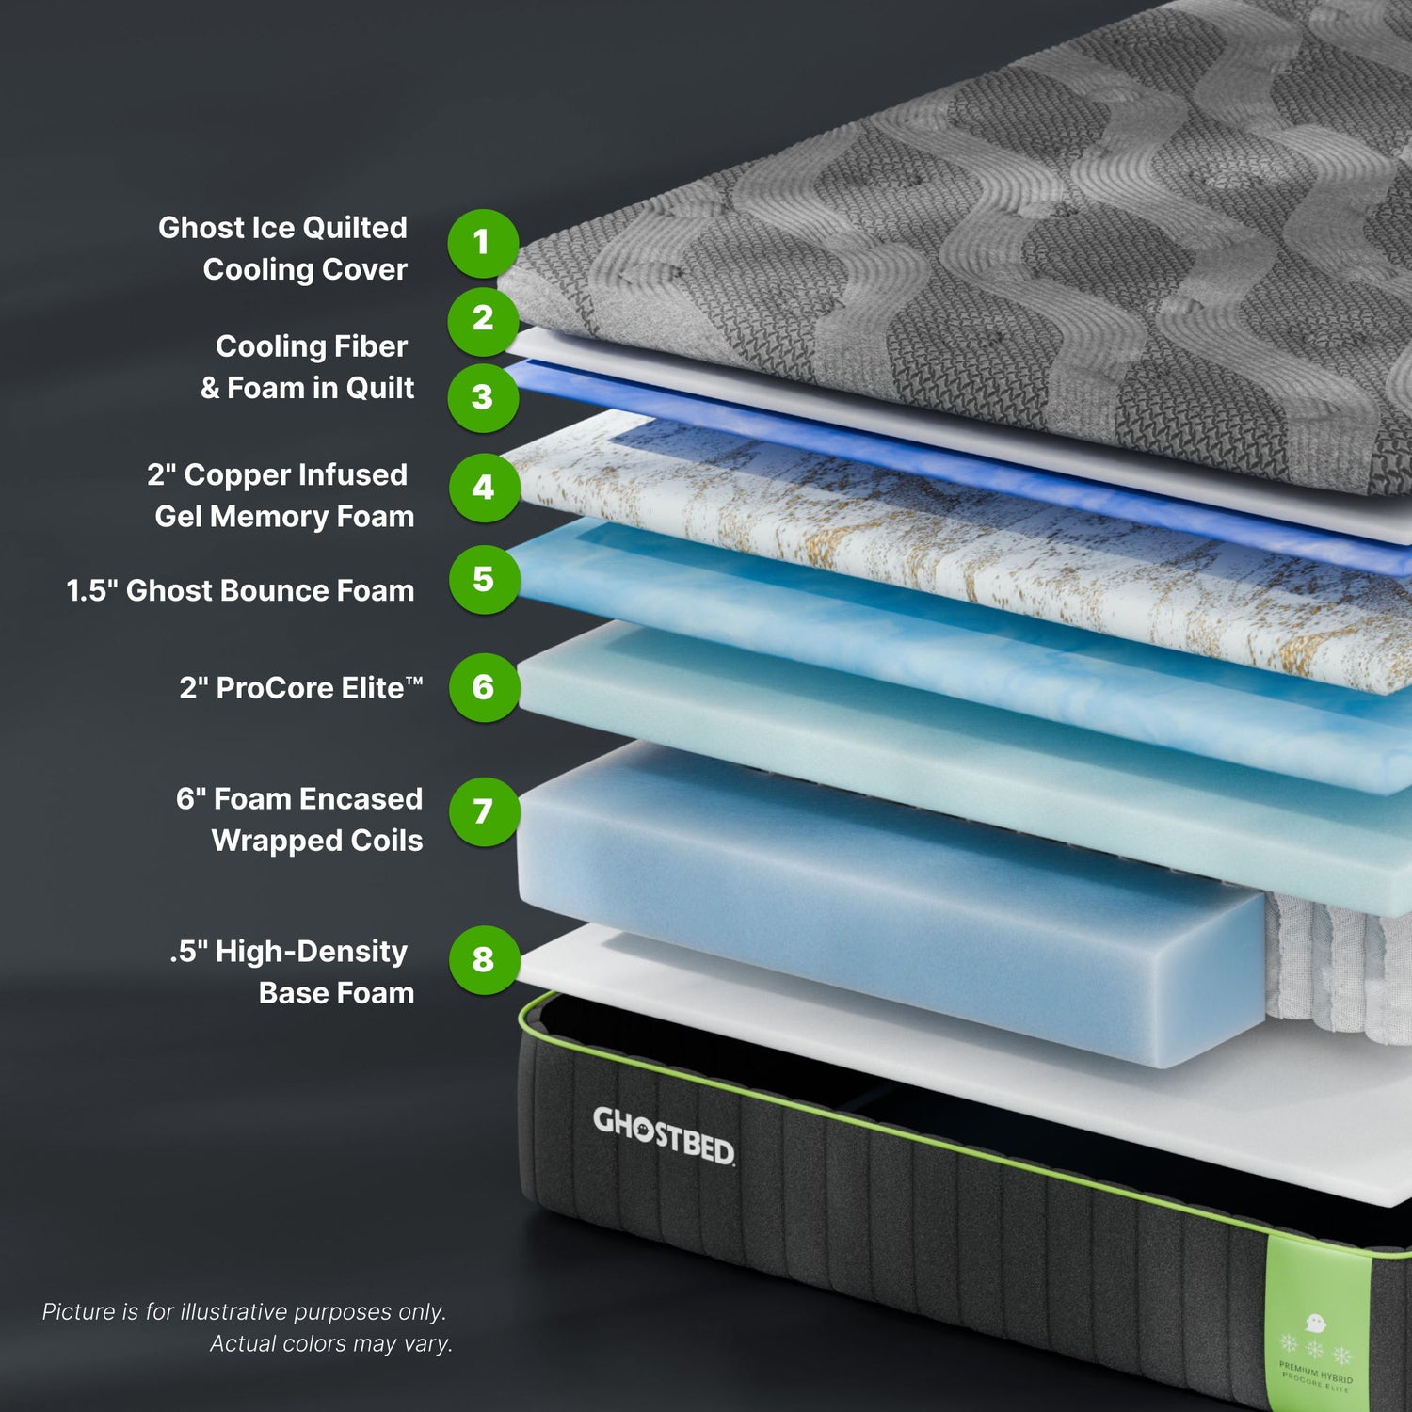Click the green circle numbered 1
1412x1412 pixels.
click(x=483, y=243)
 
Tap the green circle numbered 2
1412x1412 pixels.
click(x=483, y=319)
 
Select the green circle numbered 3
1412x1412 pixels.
click(x=483, y=397)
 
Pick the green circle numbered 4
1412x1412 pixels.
click(x=484, y=488)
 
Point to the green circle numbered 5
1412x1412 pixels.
click(x=484, y=579)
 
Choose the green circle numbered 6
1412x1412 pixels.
click(x=484, y=687)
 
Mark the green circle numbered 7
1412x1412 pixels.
click(x=484, y=811)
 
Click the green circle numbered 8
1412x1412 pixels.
click(x=484, y=959)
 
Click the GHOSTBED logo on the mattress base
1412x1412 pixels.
click(x=664, y=1135)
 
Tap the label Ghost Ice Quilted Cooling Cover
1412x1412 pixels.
click(x=283, y=249)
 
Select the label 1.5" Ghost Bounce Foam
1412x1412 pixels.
click(x=240, y=590)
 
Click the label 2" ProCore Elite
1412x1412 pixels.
click(x=300, y=688)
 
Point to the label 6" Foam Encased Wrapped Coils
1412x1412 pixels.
click(x=299, y=819)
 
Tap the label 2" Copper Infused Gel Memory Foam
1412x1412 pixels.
click(x=281, y=495)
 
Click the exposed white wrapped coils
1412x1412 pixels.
click(x=1337, y=970)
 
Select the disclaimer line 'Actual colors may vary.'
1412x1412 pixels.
click(x=330, y=1343)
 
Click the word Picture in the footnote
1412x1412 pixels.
click(x=80, y=1311)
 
